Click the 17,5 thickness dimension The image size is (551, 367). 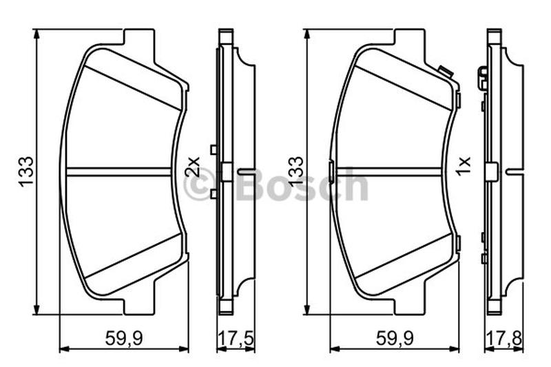236,338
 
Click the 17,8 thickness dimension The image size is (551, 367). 504,338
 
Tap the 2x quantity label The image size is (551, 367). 194,167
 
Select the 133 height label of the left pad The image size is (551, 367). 26,171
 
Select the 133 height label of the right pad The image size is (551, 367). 295,171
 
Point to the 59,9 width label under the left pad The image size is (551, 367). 124,338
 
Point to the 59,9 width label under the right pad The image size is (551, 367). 395,338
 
